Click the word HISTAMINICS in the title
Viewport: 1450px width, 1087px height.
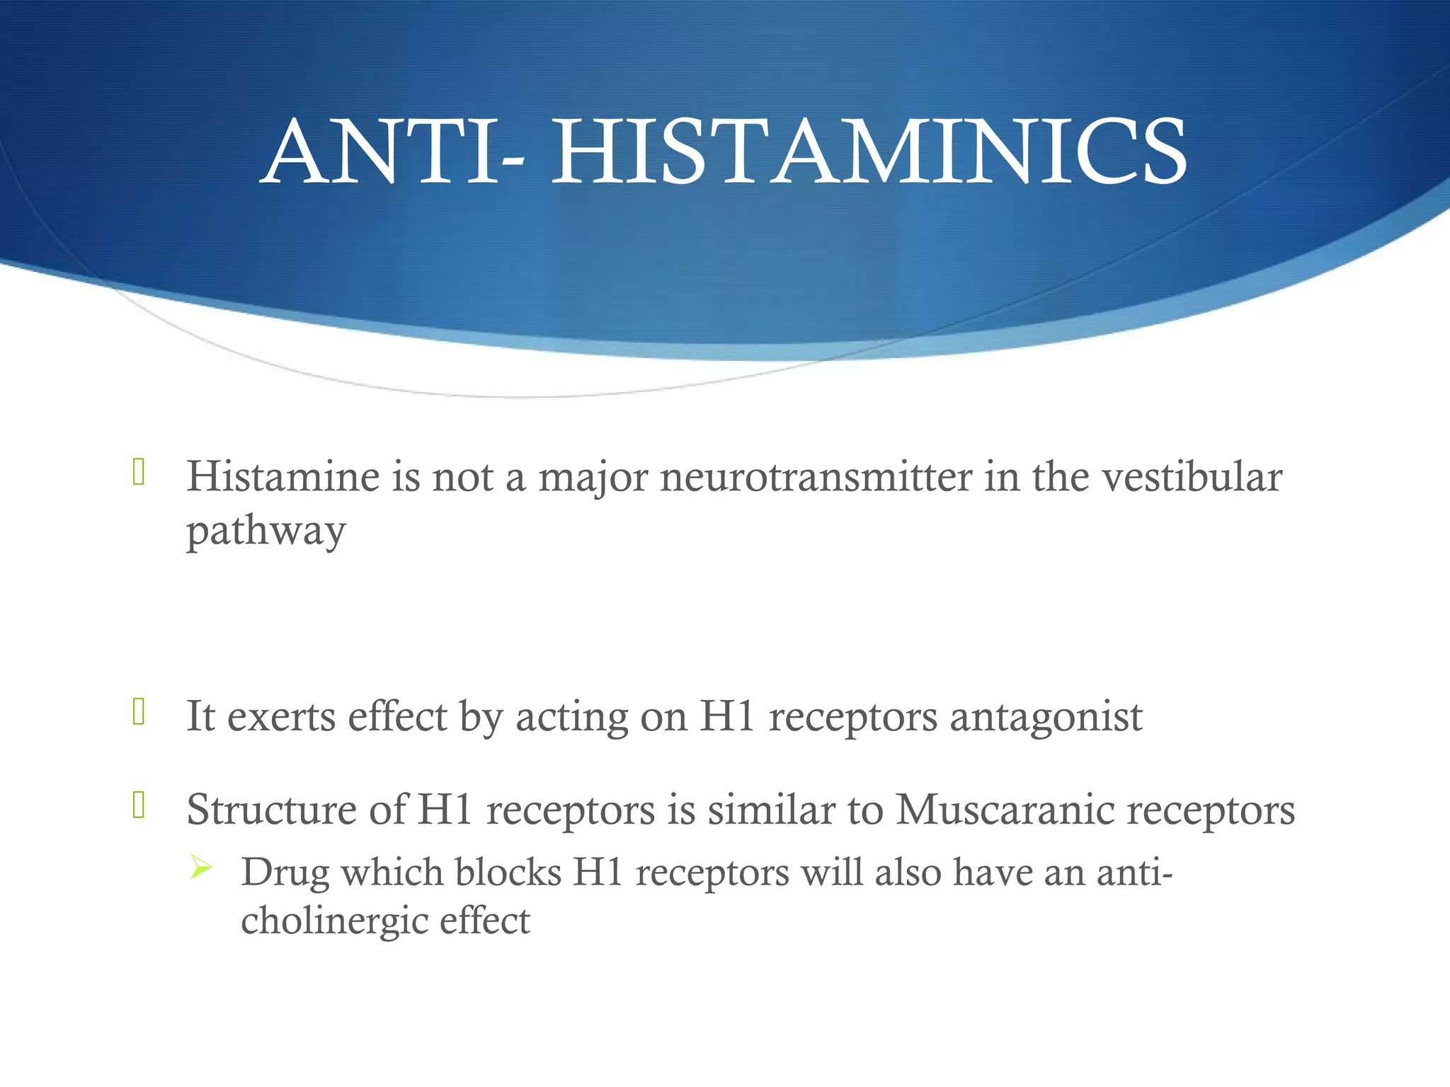(869, 152)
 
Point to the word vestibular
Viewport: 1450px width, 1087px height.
(1192, 476)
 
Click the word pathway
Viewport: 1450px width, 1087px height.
(266, 531)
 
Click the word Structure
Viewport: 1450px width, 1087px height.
(271, 809)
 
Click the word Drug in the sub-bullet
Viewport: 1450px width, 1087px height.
(285, 873)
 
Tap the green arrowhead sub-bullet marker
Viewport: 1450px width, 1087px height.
(201, 867)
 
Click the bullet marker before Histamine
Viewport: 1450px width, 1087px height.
(139, 472)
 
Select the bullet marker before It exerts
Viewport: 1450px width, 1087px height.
(139, 712)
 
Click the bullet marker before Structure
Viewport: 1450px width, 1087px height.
(139, 805)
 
